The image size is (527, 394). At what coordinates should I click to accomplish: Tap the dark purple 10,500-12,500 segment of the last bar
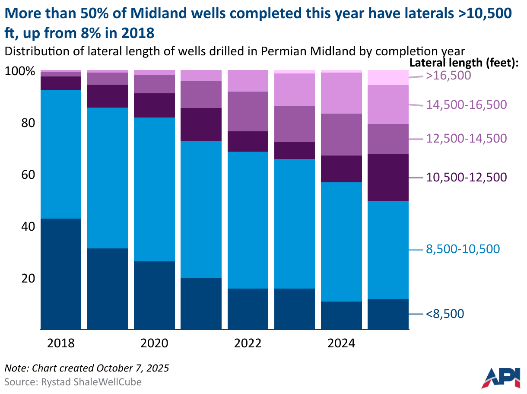pos(388,178)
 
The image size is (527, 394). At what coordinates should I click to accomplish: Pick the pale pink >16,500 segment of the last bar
pos(388,77)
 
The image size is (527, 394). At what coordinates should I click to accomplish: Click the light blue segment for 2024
pos(342,241)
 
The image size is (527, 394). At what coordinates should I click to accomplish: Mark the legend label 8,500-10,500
pos(463,249)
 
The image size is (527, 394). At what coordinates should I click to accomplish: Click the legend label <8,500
pos(445,314)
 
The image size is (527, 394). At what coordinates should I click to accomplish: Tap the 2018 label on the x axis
pos(61,343)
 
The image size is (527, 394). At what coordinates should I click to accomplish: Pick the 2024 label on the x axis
pos(341,343)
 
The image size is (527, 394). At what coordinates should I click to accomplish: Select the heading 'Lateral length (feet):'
pos(466,63)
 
